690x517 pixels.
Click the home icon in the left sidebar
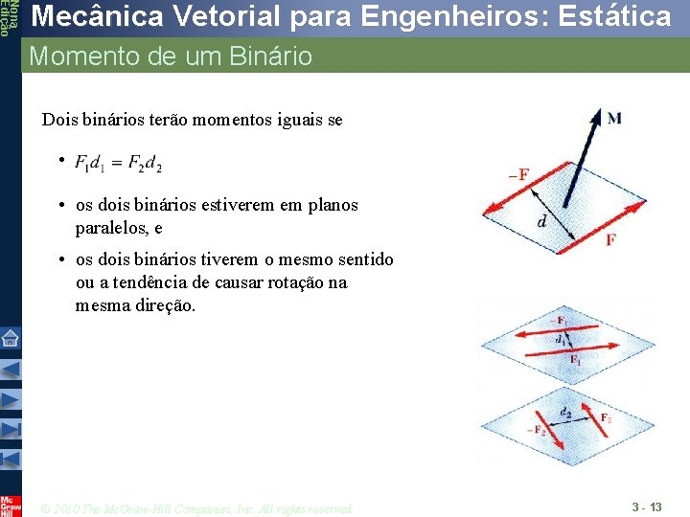[x=10, y=337]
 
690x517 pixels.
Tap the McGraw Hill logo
[x=10, y=505]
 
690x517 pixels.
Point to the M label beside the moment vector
[x=613, y=118]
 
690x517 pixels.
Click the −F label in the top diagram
[x=517, y=174]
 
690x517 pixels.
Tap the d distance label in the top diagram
[x=542, y=222]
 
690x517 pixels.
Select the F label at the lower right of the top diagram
[x=610, y=239]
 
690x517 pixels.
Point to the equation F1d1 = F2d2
[x=118, y=164]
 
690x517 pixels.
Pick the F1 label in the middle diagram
[x=575, y=360]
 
